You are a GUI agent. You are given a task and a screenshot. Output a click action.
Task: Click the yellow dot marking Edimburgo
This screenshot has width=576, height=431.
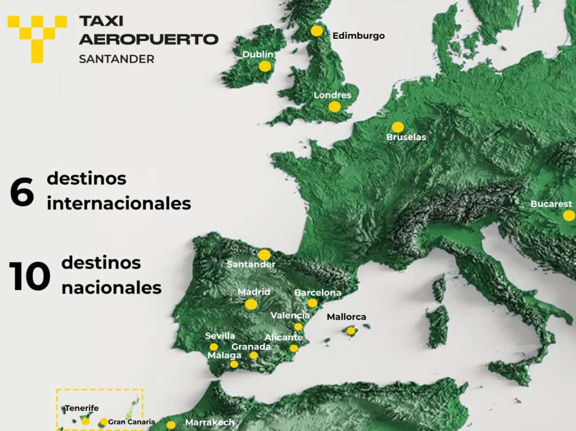(317, 31)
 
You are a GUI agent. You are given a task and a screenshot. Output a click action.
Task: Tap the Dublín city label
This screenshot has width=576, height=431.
(258, 55)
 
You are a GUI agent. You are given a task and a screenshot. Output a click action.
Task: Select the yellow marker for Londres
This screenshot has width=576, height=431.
(335, 106)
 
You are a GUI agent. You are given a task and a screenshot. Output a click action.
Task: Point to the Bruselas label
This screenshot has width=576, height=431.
(406, 137)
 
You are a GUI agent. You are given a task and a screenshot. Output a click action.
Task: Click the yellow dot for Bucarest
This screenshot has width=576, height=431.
(569, 215)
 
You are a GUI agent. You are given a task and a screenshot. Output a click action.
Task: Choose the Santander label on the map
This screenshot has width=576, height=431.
(251, 264)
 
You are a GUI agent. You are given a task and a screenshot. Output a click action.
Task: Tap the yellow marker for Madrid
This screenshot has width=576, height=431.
(251, 304)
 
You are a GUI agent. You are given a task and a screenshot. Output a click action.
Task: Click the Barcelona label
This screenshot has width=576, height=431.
(318, 293)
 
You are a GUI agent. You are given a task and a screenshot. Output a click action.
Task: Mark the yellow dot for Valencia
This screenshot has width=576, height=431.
(298, 327)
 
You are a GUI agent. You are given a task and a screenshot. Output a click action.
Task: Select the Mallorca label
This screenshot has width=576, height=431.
(346, 317)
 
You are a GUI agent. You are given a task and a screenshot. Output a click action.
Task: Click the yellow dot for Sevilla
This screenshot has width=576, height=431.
(214, 347)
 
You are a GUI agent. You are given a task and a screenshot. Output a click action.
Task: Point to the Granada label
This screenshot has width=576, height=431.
(251, 346)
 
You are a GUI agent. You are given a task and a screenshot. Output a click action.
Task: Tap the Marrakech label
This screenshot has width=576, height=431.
(210, 423)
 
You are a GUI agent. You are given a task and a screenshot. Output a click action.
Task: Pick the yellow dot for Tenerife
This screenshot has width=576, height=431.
(85, 421)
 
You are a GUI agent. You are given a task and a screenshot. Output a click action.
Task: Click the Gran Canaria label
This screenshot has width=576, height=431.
(132, 421)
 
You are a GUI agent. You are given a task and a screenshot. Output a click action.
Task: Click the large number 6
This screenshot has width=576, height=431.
(22, 192)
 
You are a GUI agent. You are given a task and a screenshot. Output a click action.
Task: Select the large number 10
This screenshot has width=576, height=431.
(29, 276)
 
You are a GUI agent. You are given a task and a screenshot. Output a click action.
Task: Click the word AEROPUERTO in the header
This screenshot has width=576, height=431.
(148, 39)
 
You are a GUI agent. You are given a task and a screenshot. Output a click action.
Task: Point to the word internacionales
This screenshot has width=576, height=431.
(119, 203)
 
